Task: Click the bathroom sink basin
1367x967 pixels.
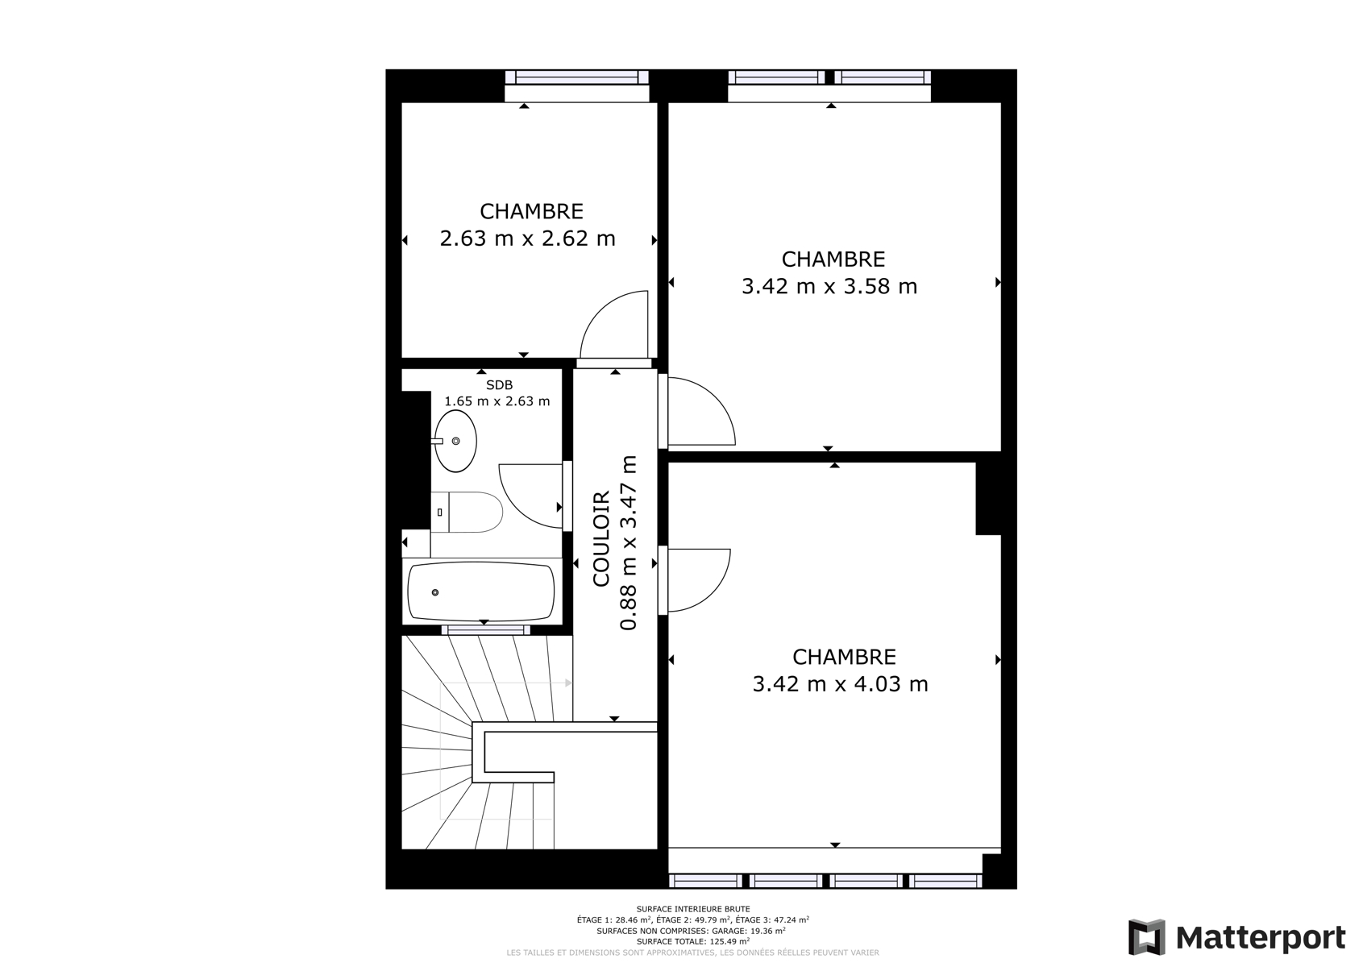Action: [x=455, y=441]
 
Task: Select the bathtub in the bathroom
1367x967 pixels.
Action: [x=481, y=591]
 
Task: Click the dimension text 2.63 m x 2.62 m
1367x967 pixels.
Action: [x=527, y=239]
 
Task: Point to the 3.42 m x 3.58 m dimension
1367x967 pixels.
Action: [x=829, y=286]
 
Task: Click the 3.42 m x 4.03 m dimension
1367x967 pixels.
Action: [x=841, y=684]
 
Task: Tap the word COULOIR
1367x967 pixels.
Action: [x=602, y=539]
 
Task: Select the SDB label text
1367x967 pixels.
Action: [x=499, y=385]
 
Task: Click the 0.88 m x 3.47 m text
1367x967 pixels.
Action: [x=629, y=542]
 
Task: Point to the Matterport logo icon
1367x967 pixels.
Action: [x=1147, y=937]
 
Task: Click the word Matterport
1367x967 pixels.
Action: [x=1261, y=938]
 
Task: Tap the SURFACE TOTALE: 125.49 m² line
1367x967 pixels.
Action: [x=692, y=941]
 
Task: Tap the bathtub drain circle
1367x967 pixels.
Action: [x=435, y=592]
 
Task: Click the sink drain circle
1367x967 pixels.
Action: [x=456, y=441]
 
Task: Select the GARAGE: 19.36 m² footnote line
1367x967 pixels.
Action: [x=691, y=931]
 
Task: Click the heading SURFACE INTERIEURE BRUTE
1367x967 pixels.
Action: [x=693, y=909]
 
